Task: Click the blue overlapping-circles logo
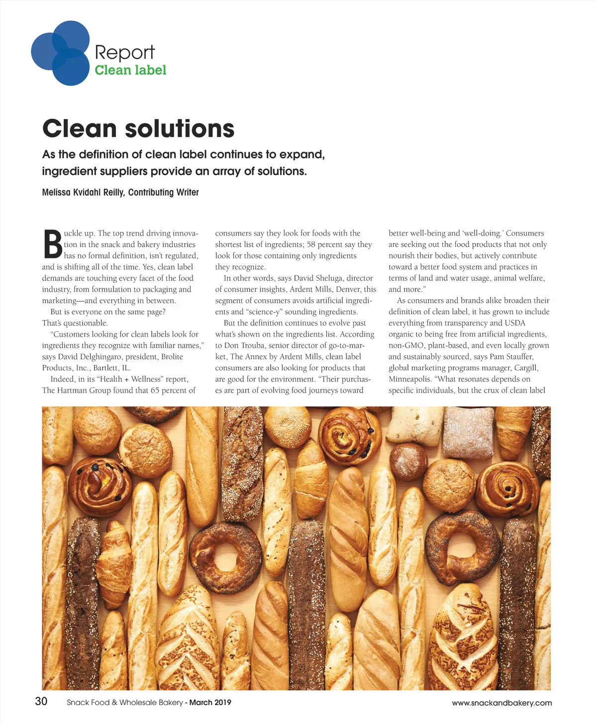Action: [x=60, y=53]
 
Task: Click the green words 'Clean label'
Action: [x=130, y=70]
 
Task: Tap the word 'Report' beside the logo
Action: [x=124, y=52]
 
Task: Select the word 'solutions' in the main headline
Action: [x=179, y=128]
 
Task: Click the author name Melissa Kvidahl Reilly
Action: [x=83, y=192]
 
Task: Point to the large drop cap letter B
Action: [x=52, y=244]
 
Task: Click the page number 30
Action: [x=41, y=701]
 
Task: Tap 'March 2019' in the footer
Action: [x=210, y=703]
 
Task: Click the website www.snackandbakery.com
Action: [x=501, y=703]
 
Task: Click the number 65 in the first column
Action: [x=155, y=390]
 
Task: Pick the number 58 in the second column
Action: [x=311, y=244]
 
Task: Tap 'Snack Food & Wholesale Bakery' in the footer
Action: [x=125, y=703]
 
